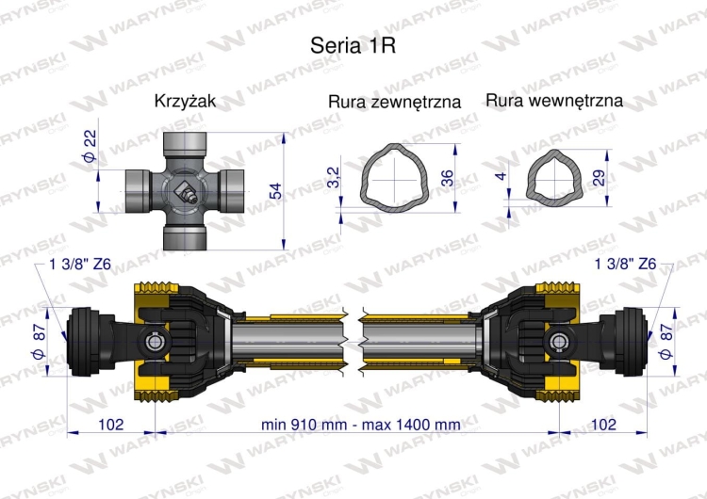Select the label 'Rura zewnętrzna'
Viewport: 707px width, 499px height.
point(394,102)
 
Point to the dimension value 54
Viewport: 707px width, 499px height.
point(275,191)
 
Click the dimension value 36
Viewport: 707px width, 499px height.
point(447,176)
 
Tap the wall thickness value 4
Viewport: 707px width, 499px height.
point(503,176)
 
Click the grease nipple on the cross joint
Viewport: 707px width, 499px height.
point(188,196)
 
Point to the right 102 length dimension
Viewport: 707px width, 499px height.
point(603,425)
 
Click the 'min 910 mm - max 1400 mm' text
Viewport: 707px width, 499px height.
point(361,425)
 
